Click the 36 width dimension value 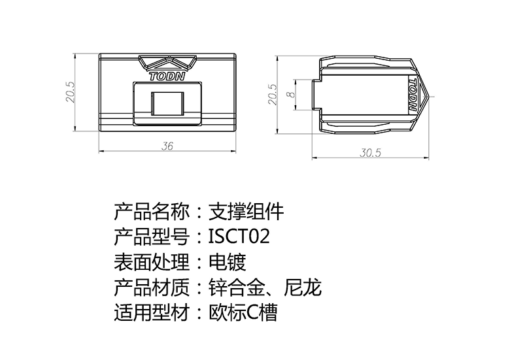[167, 147]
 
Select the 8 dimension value [290, 94]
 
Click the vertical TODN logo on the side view [413, 94]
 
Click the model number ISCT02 [239, 236]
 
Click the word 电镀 [227, 261]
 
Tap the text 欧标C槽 [243, 312]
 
